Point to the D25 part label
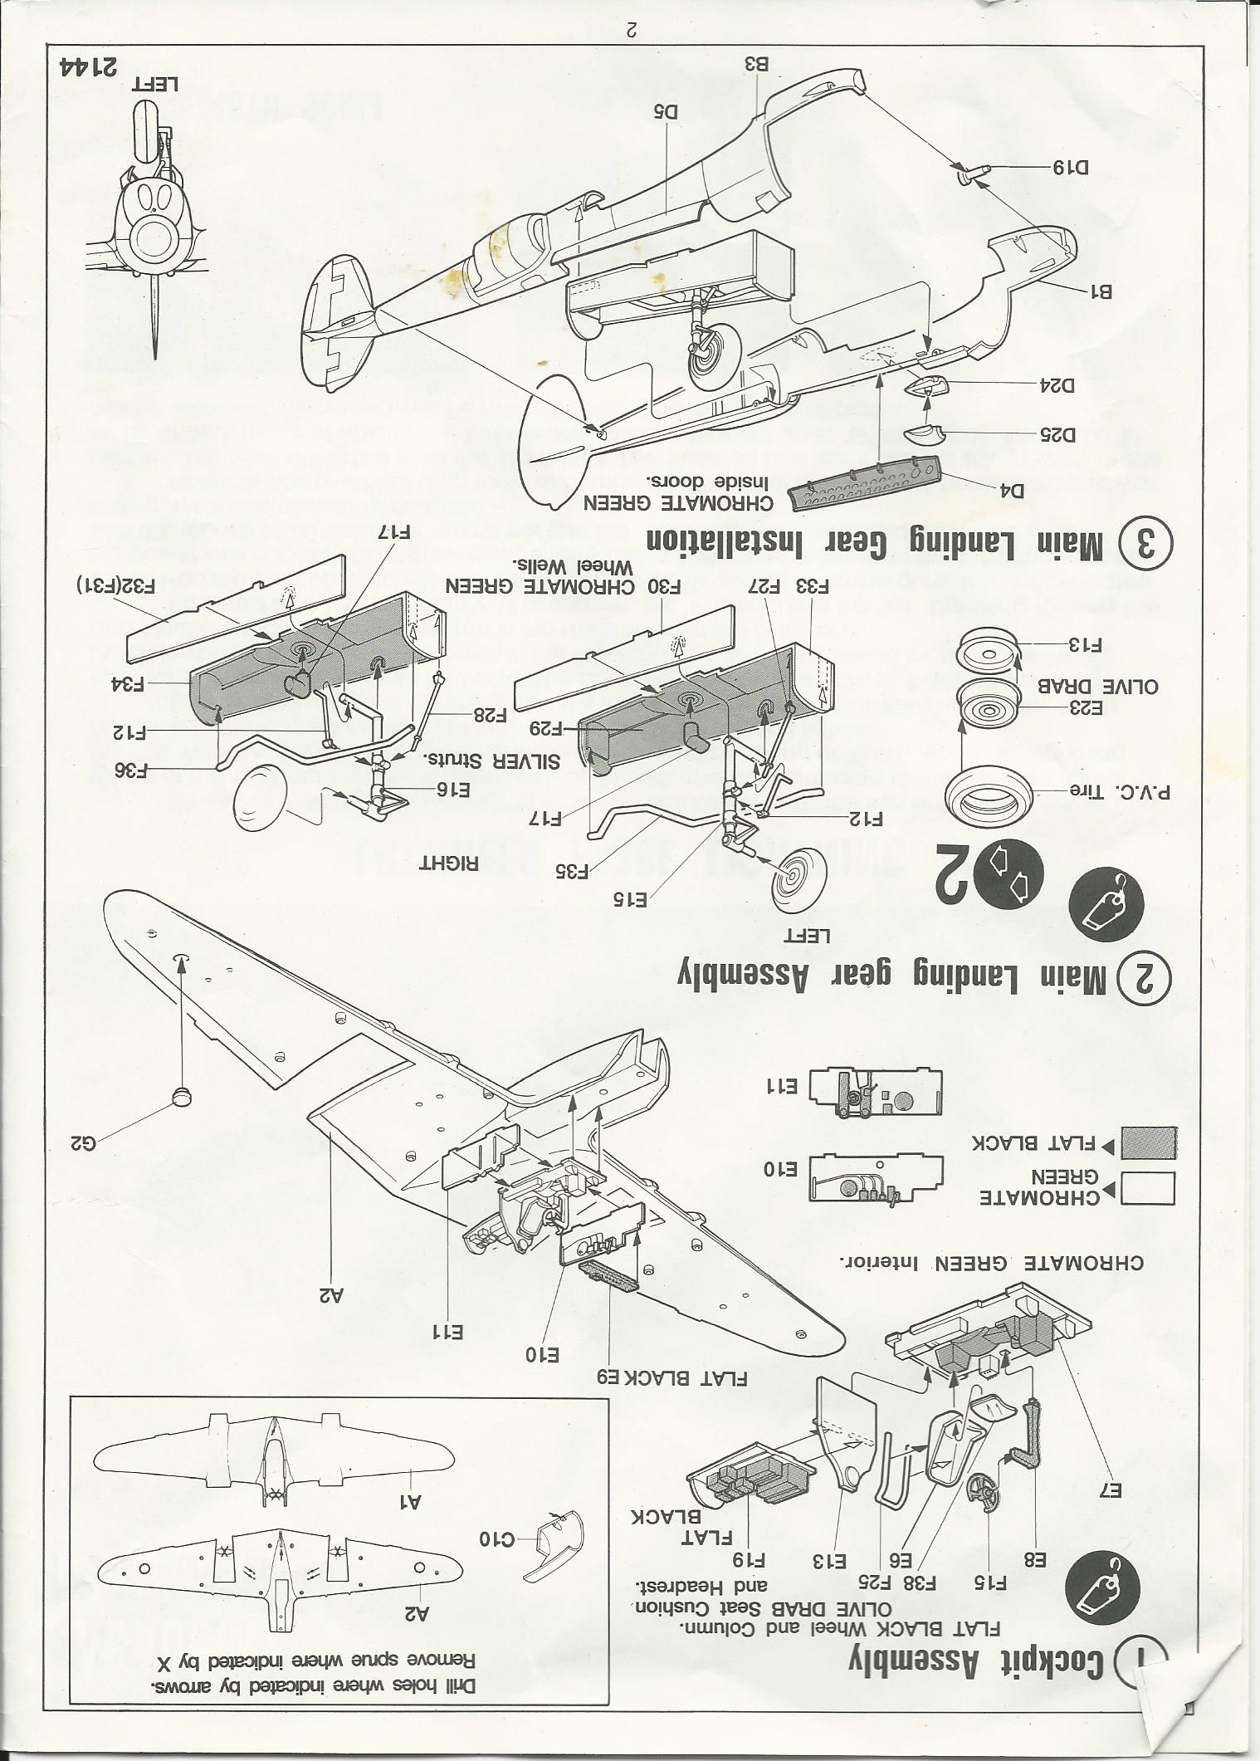pos(1056,433)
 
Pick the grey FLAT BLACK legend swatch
pos(1147,1142)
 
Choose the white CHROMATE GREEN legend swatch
pos(1147,1188)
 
